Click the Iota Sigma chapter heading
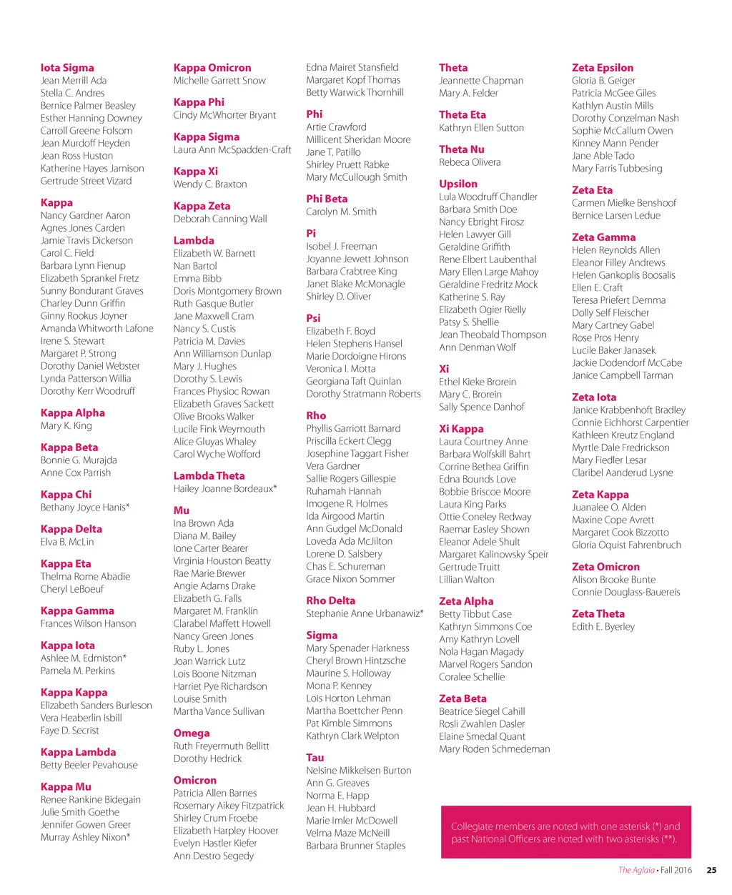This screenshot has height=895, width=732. click(x=67, y=68)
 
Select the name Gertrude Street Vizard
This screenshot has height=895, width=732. click(x=86, y=181)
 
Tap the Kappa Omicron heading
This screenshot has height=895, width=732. click(x=212, y=68)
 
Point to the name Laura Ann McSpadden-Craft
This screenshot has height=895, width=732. click(x=232, y=149)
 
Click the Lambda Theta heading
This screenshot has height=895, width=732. click(x=209, y=476)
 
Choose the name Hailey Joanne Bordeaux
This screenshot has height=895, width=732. click(x=224, y=489)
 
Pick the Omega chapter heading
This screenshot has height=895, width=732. click(x=192, y=733)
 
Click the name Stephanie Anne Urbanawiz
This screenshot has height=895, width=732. click(x=365, y=613)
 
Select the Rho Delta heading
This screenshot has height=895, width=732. click(x=330, y=601)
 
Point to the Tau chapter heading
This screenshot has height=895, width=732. click(x=315, y=758)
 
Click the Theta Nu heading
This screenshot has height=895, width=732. click(x=461, y=149)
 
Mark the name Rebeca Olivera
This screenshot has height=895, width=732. click(x=470, y=162)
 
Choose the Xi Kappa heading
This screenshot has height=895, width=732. click(x=461, y=429)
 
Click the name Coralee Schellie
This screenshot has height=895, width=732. click(x=472, y=677)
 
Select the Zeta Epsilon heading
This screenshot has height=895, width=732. click(x=603, y=68)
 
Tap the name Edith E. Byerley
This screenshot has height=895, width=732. click(x=603, y=626)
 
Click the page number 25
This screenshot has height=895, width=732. click(x=711, y=870)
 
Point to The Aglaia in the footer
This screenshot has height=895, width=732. click(x=635, y=870)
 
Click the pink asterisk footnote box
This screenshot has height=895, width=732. click(x=565, y=832)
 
